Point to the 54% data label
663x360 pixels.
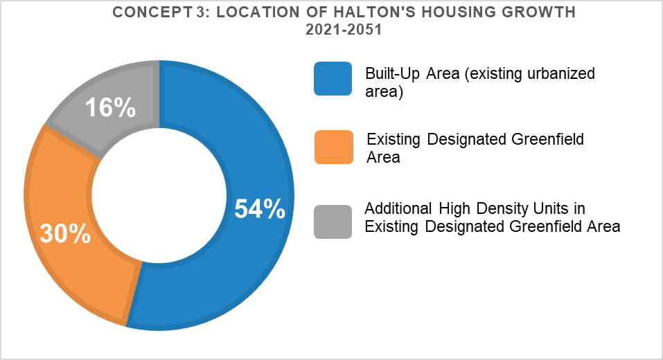[260, 209]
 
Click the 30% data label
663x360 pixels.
[65, 233]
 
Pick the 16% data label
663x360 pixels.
[110, 107]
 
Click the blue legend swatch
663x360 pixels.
[333, 79]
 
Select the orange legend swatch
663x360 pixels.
[334, 147]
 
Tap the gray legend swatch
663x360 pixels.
[333, 222]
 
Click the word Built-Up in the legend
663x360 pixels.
[392, 74]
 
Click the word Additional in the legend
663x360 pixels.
[398, 208]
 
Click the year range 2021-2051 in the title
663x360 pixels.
[344, 30]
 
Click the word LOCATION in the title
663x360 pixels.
[258, 12]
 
